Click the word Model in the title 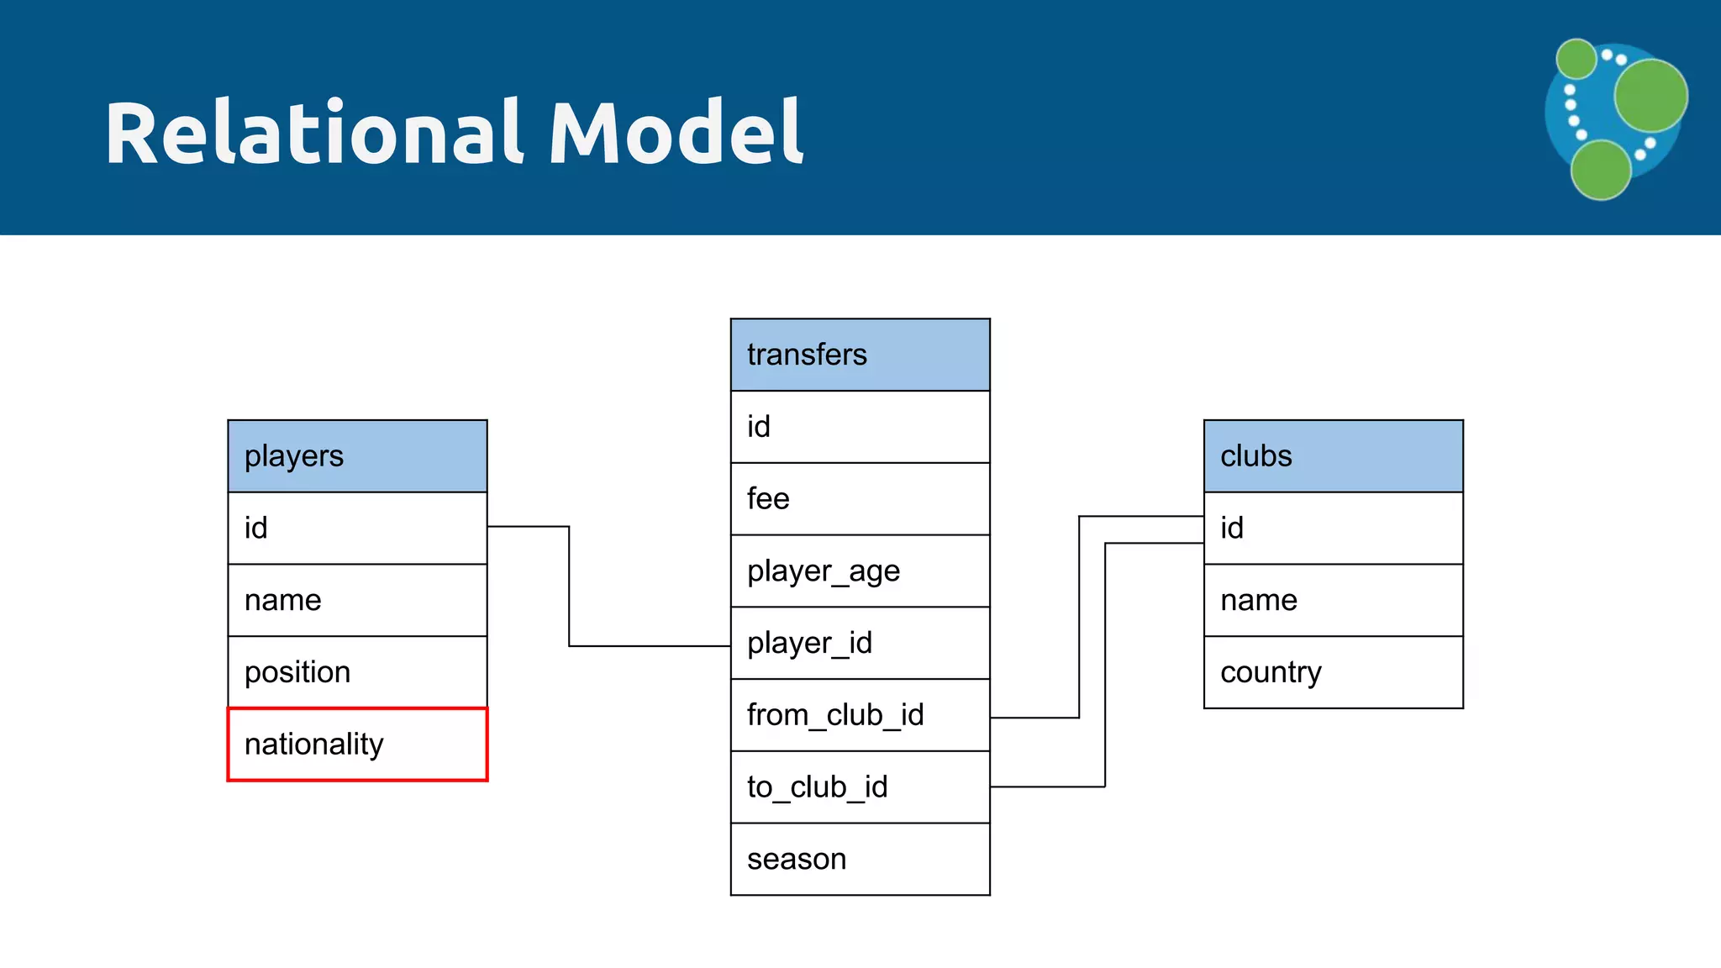(676, 133)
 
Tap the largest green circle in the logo (1650, 95)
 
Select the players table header (357, 456)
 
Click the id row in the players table (357, 529)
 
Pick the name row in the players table (357, 600)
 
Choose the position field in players (357, 672)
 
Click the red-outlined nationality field (357, 744)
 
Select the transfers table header (860, 355)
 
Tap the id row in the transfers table (860, 427)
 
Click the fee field (860, 499)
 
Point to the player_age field (860, 571)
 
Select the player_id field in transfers (860, 643)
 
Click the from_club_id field (860, 715)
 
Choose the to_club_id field (860, 787)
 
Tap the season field (860, 859)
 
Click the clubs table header (1333, 456)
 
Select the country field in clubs (1333, 672)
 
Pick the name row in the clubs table (1333, 600)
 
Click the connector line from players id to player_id (569, 588)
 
